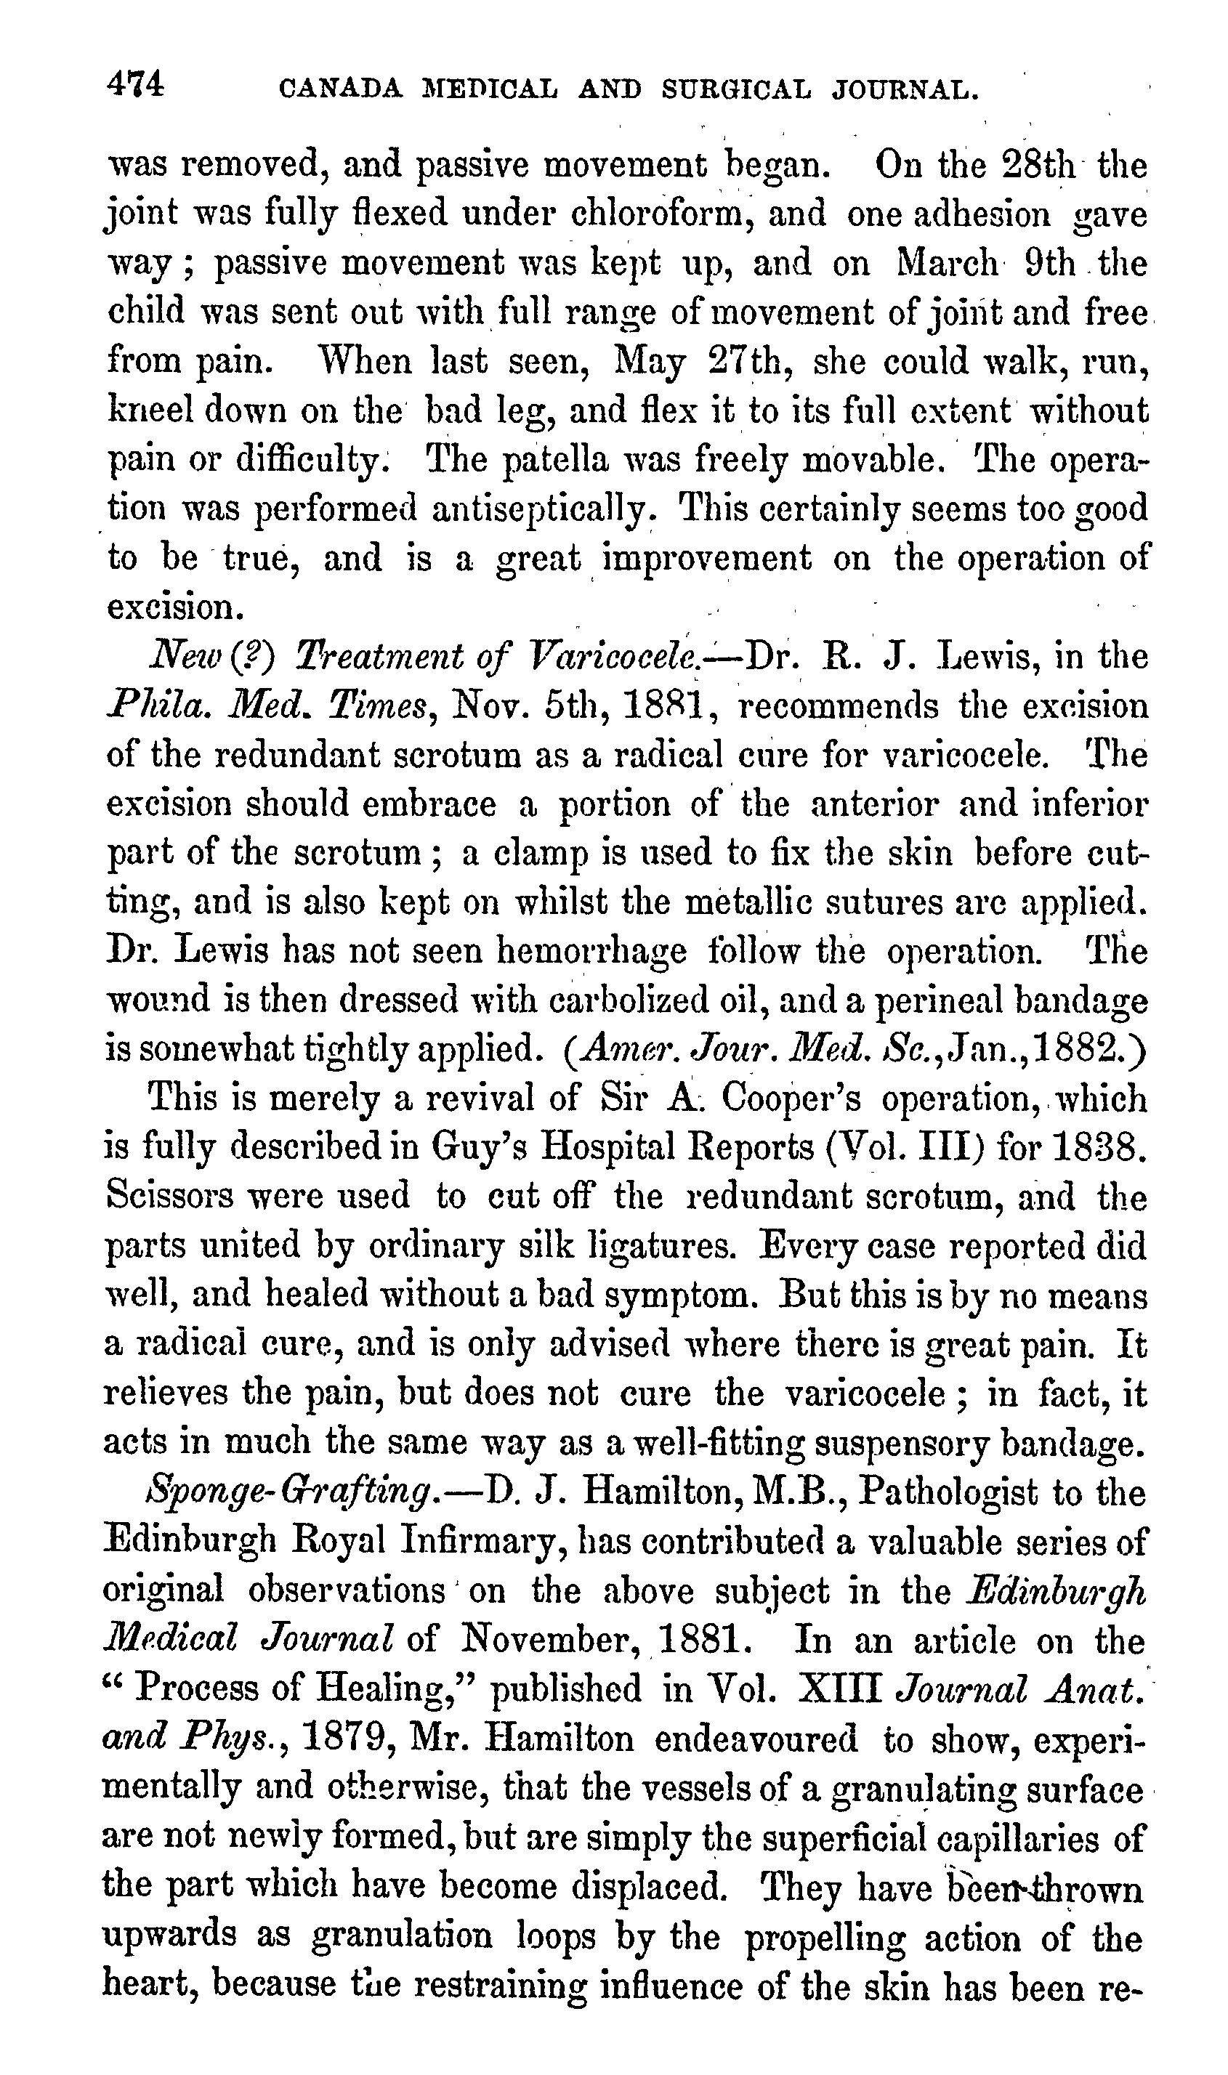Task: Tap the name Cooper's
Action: [792, 1099]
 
